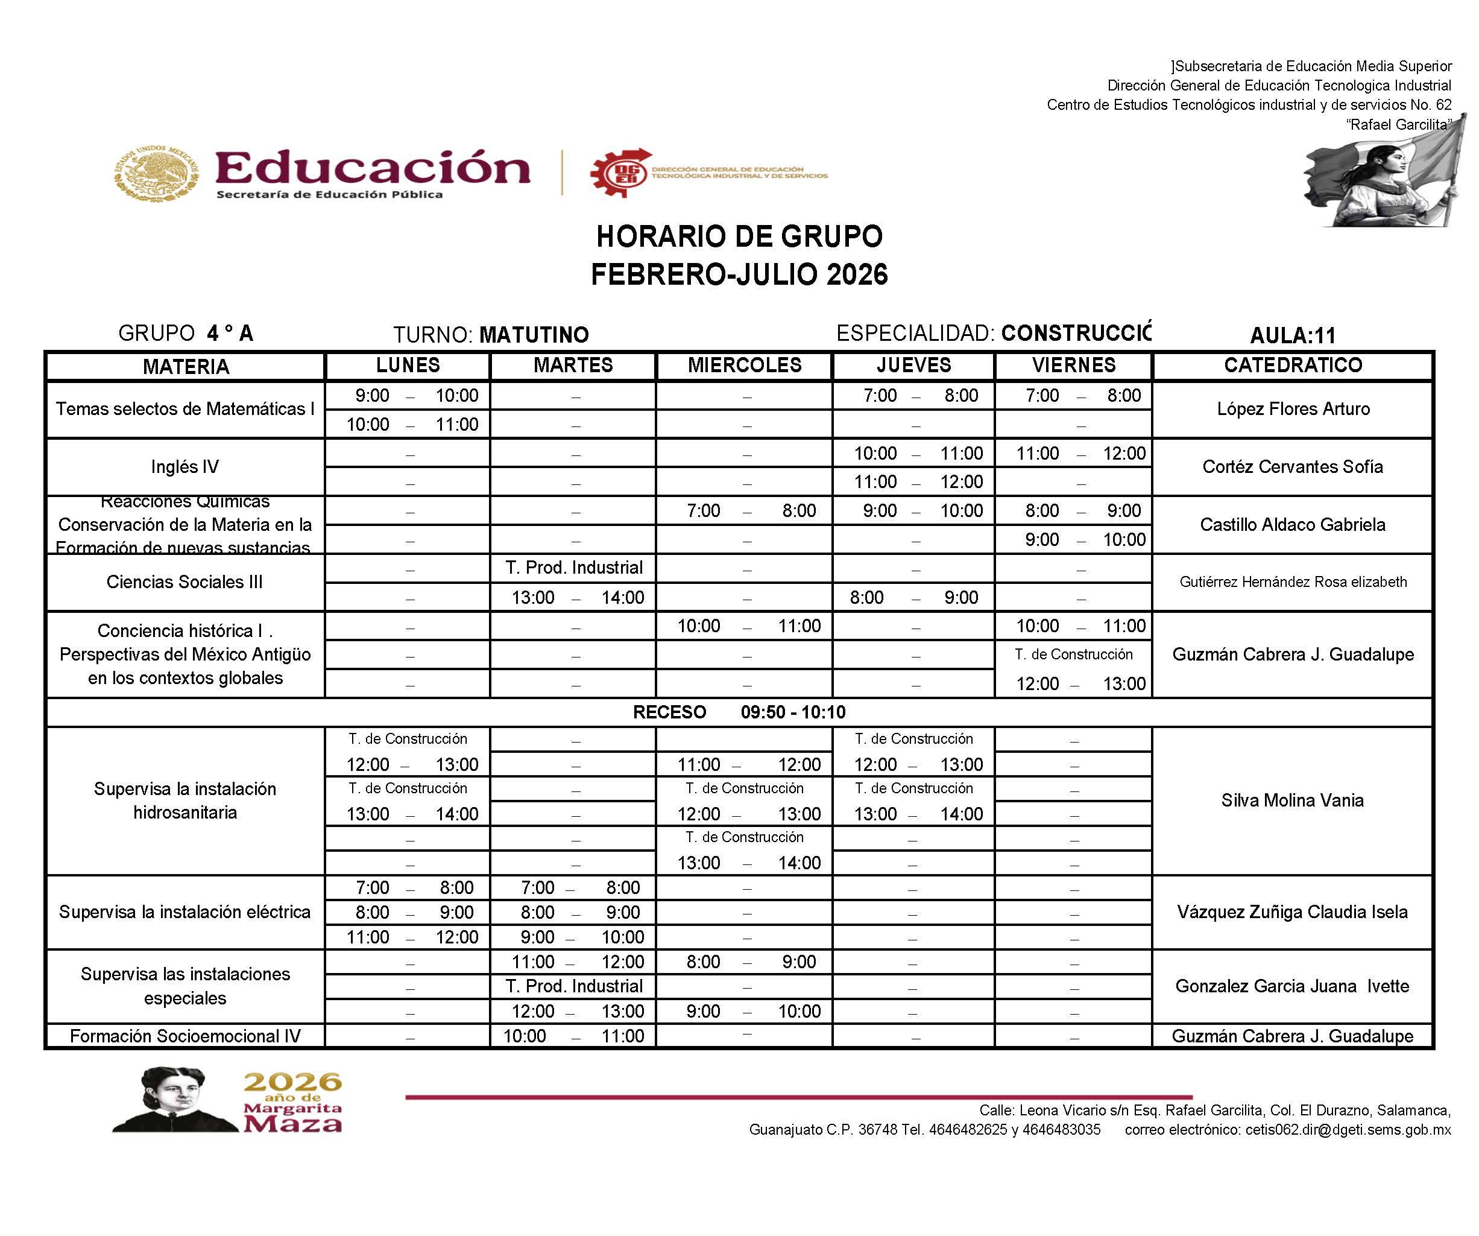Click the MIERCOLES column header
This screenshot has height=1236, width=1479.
745,365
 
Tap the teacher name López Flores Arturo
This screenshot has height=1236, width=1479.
1293,409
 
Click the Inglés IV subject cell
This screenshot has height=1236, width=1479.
185,466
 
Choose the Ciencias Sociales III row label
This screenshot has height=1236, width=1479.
184,582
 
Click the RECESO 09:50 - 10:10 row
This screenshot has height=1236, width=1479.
739,712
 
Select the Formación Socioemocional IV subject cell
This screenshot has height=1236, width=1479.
185,1036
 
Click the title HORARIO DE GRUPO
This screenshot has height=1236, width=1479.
739,237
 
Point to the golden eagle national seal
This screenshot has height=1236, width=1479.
156,173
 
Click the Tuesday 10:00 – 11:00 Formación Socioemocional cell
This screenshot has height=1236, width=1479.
573,1036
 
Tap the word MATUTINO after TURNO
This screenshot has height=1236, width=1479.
534,335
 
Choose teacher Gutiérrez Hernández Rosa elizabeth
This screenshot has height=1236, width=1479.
1293,582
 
